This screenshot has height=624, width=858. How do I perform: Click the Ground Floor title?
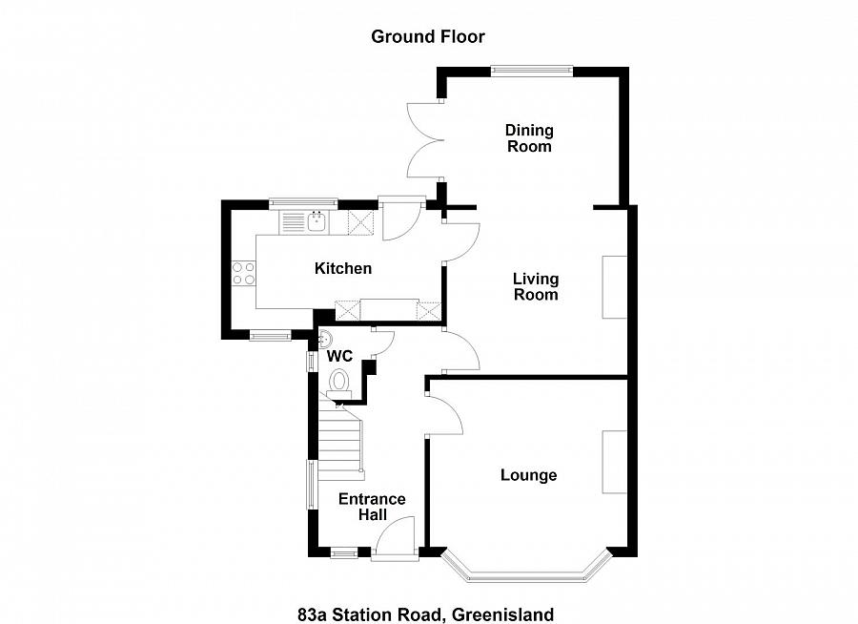tap(428, 37)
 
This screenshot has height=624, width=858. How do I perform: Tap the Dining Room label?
tap(529, 138)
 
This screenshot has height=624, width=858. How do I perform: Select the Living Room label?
tap(536, 286)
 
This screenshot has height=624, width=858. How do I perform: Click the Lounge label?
tap(529, 475)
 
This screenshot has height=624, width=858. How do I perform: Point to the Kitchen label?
tap(343, 268)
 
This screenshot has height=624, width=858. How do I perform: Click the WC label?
tap(340, 356)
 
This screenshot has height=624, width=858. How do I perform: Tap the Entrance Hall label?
tap(372, 507)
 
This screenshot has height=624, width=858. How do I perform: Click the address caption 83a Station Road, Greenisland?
tap(425, 614)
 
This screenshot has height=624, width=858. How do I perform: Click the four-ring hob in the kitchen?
tap(244, 273)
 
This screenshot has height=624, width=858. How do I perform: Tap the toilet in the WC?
tap(339, 384)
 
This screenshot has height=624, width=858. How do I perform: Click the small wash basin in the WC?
tap(325, 337)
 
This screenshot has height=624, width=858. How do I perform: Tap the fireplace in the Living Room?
tap(614, 287)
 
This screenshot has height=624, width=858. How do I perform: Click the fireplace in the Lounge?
tap(614, 462)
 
